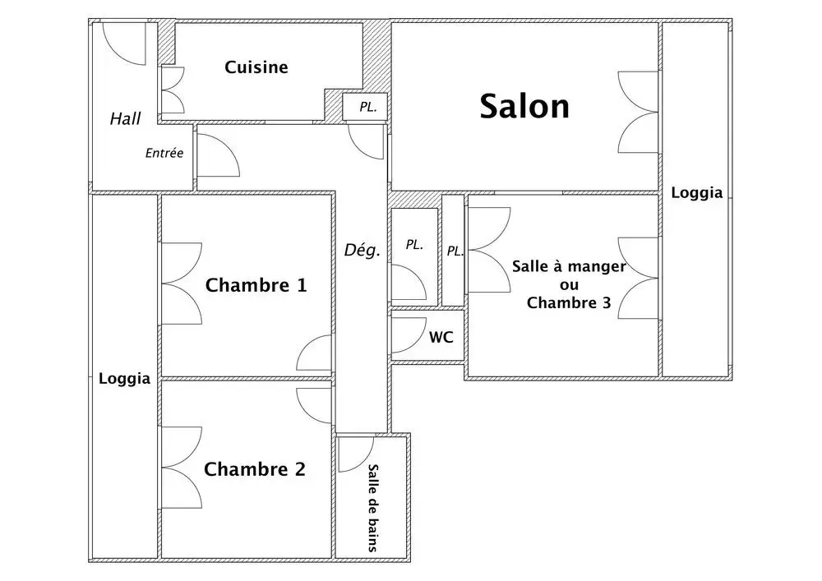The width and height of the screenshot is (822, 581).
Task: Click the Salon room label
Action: pos(524,106)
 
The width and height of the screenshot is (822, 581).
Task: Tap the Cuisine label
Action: pos(256,67)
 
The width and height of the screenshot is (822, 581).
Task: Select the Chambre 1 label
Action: pos(256,285)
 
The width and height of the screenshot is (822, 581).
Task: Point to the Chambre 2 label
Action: pos(254,469)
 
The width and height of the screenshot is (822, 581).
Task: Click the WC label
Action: pos(441,338)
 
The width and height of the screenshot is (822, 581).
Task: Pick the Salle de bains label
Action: pos(372,508)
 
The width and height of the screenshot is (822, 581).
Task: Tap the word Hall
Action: pos(125,119)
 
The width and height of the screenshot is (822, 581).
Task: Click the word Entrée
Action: pos(164,153)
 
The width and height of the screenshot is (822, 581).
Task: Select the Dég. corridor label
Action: pos(362,251)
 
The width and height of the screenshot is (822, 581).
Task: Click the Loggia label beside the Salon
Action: pos(697,193)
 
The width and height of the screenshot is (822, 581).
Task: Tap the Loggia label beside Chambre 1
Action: pos(124,379)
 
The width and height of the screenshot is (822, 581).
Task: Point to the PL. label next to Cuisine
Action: pos(368,108)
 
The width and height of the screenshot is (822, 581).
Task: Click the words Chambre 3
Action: pos(569,302)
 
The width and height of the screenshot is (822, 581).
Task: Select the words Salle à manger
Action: pos(569,266)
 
